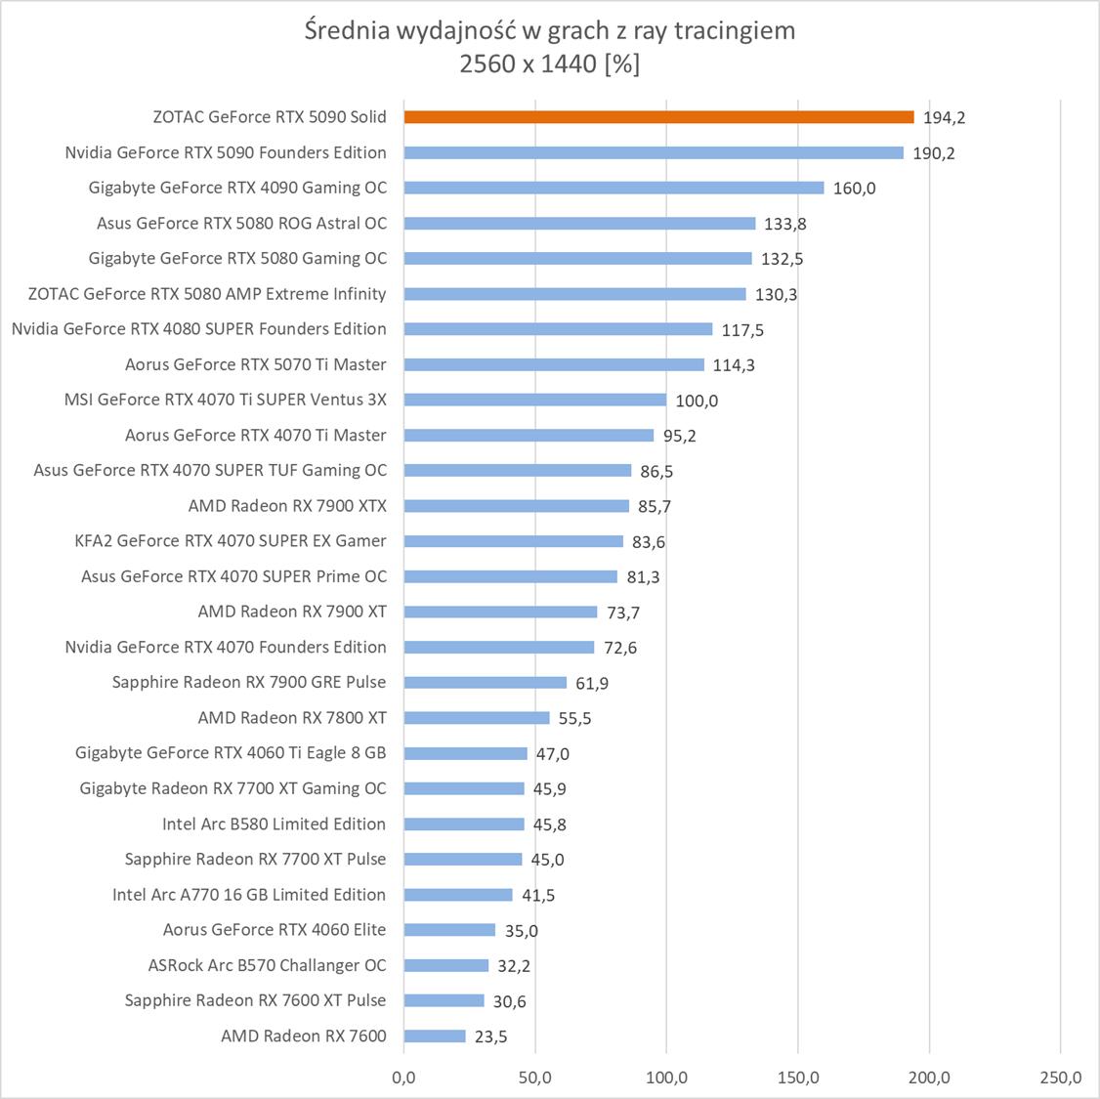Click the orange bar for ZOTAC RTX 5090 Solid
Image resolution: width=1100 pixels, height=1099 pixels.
[x=658, y=117]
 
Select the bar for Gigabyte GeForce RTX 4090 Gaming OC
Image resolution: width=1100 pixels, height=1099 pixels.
[x=613, y=188]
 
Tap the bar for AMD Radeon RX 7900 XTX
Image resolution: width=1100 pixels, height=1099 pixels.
[x=516, y=506]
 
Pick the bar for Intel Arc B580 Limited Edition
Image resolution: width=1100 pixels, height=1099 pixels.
[x=464, y=824]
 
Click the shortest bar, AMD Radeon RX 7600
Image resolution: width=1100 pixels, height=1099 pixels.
[x=435, y=1036]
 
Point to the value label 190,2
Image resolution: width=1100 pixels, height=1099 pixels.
[x=934, y=153]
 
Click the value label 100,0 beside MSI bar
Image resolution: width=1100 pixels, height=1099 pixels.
[x=697, y=401]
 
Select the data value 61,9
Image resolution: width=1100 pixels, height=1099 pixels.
[x=592, y=683]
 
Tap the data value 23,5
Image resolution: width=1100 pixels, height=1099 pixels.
[x=490, y=1036]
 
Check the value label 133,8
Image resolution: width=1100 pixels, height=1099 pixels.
[x=785, y=224]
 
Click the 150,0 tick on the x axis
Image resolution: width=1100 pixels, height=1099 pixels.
[x=798, y=1078]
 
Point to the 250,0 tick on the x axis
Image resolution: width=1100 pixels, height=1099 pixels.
[x=1061, y=1078]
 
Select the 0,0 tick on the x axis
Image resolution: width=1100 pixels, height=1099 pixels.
[x=403, y=1078]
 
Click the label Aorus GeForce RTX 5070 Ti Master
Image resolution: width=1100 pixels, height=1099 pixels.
[x=255, y=364]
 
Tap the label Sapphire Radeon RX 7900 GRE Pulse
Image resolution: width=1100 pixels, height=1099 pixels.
[x=249, y=682]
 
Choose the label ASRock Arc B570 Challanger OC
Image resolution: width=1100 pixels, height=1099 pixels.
[x=267, y=965]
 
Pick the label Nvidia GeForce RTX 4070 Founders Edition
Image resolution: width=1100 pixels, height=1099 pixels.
[x=226, y=647]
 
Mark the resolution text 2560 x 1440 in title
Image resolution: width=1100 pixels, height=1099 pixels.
[x=529, y=64]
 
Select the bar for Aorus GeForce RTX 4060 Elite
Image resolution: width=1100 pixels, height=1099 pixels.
[x=449, y=930]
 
